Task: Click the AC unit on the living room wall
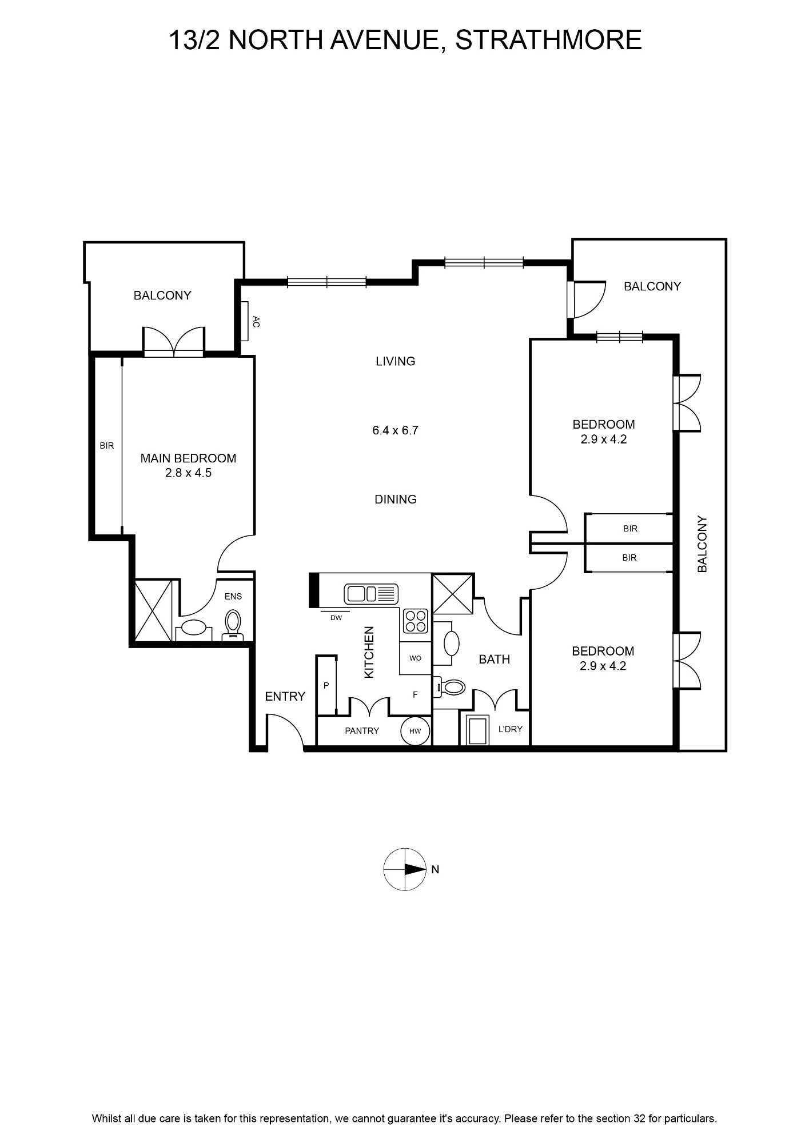(244, 321)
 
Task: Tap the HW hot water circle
(415, 731)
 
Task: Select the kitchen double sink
(371, 594)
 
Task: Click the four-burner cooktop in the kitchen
(416, 621)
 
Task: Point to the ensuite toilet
(233, 625)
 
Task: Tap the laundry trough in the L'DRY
(476, 730)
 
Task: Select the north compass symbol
(405, 869)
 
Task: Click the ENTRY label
(285, 696)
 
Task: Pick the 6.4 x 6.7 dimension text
(396, 430)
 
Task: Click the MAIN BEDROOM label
(188, 458)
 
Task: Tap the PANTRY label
(362, 730)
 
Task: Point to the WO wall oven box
(415, 658)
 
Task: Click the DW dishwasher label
(336, 618)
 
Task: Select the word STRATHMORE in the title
(549, 40)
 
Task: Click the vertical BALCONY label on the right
(703, 543)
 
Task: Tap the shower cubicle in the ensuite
(153, 610)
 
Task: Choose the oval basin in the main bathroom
(452, 644)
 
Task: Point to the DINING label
(396, 499)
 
